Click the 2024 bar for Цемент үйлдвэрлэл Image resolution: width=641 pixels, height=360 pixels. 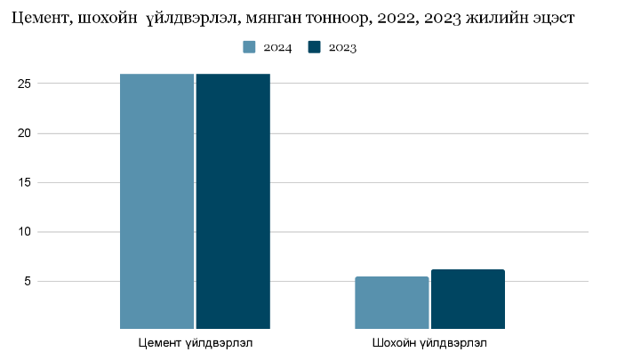pyautogui.click(x=156, y=201)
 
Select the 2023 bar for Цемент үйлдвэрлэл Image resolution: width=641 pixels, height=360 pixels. pyautogui.click(x=233, y=201)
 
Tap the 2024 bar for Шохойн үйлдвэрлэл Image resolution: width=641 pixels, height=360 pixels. pyautogui.click(x=392, y=302)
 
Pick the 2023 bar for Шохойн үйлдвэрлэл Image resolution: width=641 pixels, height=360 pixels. pyautogui.click(x=468, y=300)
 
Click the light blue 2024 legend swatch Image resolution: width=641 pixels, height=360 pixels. pyautogui.click(x=249, y=47)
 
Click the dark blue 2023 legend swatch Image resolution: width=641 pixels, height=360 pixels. pyautogui.click(x=315, y=47)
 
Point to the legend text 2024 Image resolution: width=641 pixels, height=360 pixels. pyautogui.click(x=277, y=48)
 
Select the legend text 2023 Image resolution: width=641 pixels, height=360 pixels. pyautogui.click(x=342, y=48)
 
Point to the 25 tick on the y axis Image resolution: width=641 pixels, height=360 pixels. pyautogui.click(x=24, y=84)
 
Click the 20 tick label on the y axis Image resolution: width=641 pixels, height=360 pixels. pyautogui.click(x=24, y=133)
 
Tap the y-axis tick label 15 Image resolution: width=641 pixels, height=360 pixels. pyautogui.click(x=24, y=182)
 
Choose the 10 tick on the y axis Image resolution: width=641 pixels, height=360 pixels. pyautogui.click(x=24, y=232)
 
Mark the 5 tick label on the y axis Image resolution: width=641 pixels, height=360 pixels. pyautogui.click(x=28, y=281)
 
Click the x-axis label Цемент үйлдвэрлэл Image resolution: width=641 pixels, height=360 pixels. pyautogui.click(x=196, y=342)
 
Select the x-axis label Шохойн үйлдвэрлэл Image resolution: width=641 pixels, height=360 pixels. pyautogui.click(x=429, y=342)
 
